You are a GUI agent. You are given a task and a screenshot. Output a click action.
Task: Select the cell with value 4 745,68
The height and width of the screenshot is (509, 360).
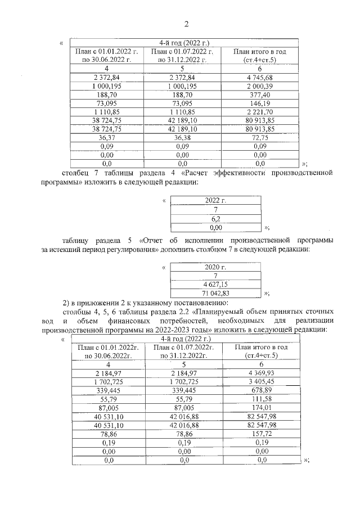(259, 77)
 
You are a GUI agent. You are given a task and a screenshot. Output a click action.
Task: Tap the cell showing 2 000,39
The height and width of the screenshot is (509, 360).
(259, 86)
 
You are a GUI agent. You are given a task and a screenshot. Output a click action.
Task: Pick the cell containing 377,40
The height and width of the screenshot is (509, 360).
(259, 95)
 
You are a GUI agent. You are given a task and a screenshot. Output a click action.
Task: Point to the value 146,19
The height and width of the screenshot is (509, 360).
(259, 103)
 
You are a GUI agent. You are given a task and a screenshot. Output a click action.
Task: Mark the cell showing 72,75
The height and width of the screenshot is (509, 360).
(259, 137)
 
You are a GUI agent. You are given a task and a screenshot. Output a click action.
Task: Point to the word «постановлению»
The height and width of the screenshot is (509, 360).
(194, 303)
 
